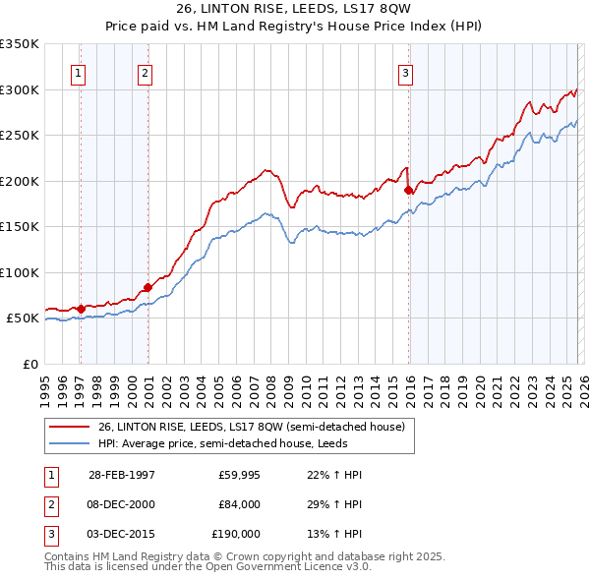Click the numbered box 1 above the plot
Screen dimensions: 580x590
point(78,72)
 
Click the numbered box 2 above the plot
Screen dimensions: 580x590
point(145,72)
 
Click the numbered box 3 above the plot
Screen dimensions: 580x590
point(405,72)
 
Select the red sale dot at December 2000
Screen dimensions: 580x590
point(147,287)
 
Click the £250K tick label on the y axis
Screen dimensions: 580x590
point(20,136)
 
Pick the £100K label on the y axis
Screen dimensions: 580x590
point(20,272)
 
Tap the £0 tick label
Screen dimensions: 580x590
point(29,364)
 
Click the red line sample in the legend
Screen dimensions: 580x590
point(69,427)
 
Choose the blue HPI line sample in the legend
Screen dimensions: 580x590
point(69,443)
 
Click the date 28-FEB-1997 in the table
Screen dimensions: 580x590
point(122,475)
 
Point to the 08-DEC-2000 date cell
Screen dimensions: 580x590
point(122,504)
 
